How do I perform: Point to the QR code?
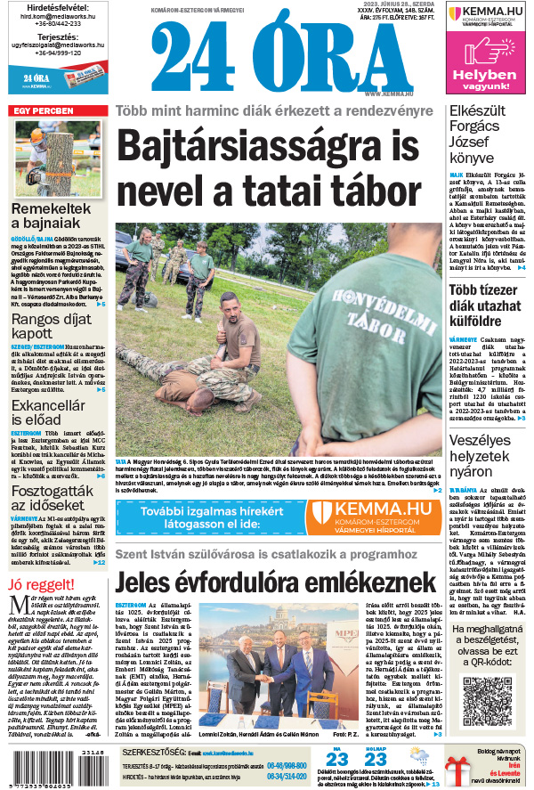click(488, 699)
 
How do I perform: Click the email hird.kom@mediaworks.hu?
click(56, 14)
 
